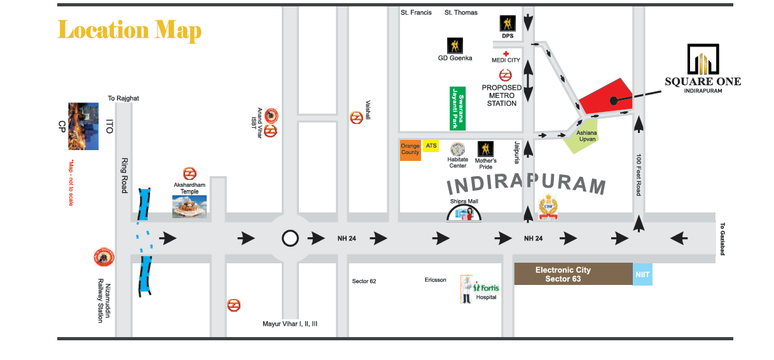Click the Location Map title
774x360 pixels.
pos(129,31)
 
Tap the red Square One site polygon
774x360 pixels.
pos(606,99)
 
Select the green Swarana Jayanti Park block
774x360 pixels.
pos(457,109)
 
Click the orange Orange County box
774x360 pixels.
pos(410,150)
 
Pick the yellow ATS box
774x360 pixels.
pos(431,146)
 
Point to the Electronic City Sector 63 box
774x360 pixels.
pos(573,274)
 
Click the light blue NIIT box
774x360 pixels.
pos(642,274)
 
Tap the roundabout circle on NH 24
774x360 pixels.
pos(290,239)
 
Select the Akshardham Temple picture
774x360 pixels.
pos(190,207)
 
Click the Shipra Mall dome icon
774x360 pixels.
pos(464,213)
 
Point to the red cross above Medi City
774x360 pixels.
pos(506,53)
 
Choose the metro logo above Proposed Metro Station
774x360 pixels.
pos(505,75)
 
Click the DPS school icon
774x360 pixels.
pos(508,24)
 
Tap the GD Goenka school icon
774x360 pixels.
pos(455,46)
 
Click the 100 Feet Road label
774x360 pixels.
pos(639,175)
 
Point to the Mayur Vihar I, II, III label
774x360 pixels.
pos(290,324)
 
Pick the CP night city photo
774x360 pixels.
pos(83,126)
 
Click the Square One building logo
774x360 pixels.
pos(703,59)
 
